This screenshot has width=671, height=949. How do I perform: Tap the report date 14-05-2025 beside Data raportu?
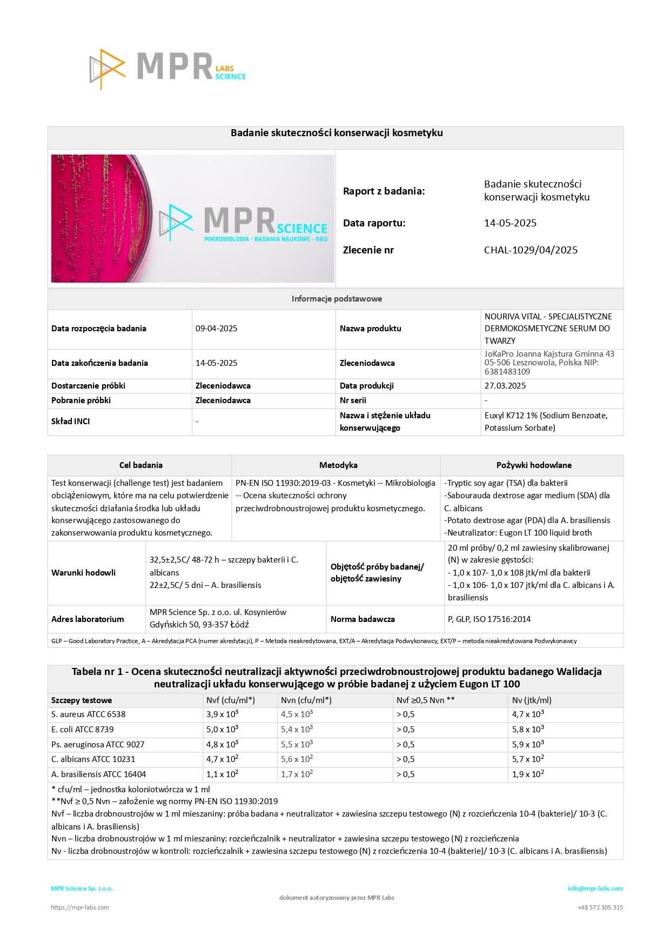point(510,223)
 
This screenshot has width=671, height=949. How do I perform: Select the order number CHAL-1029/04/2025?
point(531,250)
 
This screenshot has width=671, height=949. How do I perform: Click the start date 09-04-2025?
point(216,329)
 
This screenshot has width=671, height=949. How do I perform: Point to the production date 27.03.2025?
point(505,386)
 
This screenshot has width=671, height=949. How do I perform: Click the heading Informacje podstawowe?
point(337,299)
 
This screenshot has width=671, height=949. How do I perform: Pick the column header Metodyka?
point(338,465)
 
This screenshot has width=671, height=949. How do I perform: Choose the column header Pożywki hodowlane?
point(534,465)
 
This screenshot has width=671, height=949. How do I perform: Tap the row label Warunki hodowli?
point(83,573)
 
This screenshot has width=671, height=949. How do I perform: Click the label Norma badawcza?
point(363,619)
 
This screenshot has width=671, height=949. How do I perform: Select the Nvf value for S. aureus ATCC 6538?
point(222,714)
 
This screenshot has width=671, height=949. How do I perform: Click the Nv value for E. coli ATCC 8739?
point(528,730)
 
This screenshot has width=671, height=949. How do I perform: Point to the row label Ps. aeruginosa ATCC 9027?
point(98,745)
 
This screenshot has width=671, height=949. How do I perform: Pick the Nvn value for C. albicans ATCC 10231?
point(297,759)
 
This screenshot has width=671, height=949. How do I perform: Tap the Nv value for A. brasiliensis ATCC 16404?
point(528,774)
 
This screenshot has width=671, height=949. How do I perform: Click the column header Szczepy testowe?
point(82,700)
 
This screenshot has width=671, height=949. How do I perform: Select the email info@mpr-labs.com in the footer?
point(595,888)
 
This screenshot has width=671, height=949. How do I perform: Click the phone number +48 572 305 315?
point(600,907)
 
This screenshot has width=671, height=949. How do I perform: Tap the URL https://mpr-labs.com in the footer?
point(80,907)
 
